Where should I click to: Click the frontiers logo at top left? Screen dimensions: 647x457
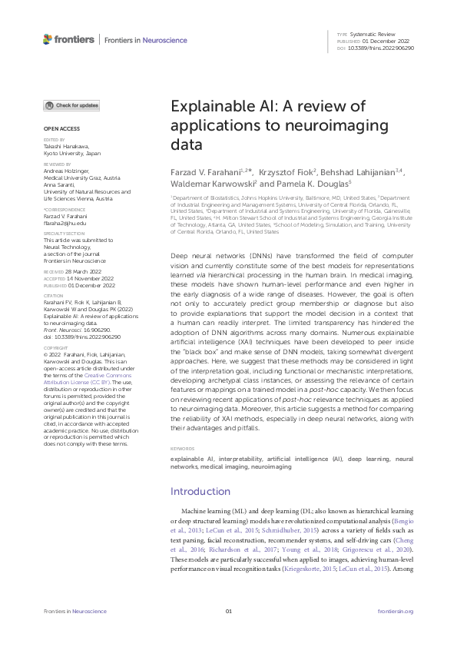pos(68,39)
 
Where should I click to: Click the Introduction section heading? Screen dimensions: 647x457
pos(200,491)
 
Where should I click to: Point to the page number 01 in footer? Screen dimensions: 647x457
pos(228,611)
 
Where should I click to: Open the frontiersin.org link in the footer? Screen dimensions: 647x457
pos(396,611)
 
